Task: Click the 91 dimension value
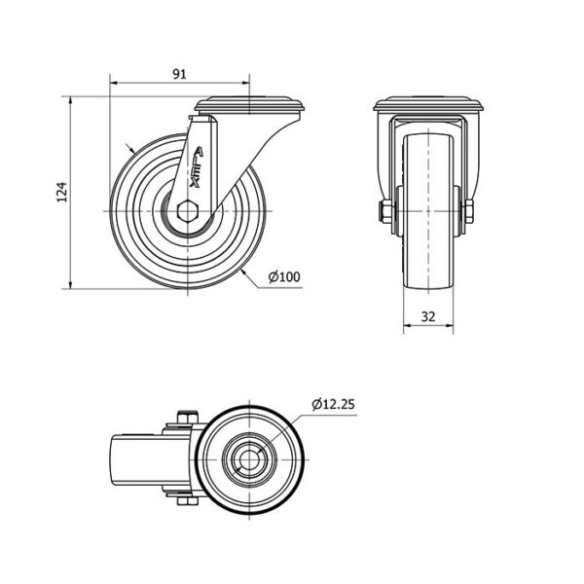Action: (179, 74)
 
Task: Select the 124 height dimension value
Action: (62, 192)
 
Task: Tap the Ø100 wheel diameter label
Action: (284, 276)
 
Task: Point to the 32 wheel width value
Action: (428, 316)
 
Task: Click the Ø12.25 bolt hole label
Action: (334, 404)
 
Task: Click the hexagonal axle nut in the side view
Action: (188, 211)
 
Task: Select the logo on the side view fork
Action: (197, 167)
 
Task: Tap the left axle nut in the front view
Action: (384, 211)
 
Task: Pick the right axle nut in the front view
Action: (468, 211)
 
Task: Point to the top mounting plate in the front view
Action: (428, 104)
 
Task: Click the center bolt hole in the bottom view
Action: (249, 460)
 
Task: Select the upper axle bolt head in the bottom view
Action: (187, 417)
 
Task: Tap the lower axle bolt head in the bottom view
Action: (187, 501)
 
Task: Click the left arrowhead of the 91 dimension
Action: (113, 83)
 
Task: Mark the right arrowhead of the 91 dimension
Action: (246, 83)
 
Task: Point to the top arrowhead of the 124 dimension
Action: (70, 100)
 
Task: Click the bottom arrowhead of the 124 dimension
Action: (70, 285)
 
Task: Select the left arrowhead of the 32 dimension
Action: (408, 325)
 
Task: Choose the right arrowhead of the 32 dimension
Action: (450, 325)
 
